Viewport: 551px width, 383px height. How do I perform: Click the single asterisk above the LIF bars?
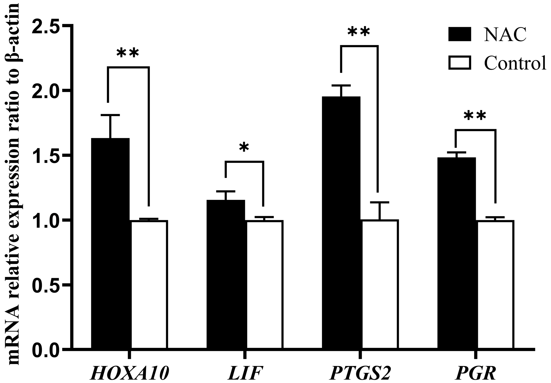(x=244, y=148)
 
